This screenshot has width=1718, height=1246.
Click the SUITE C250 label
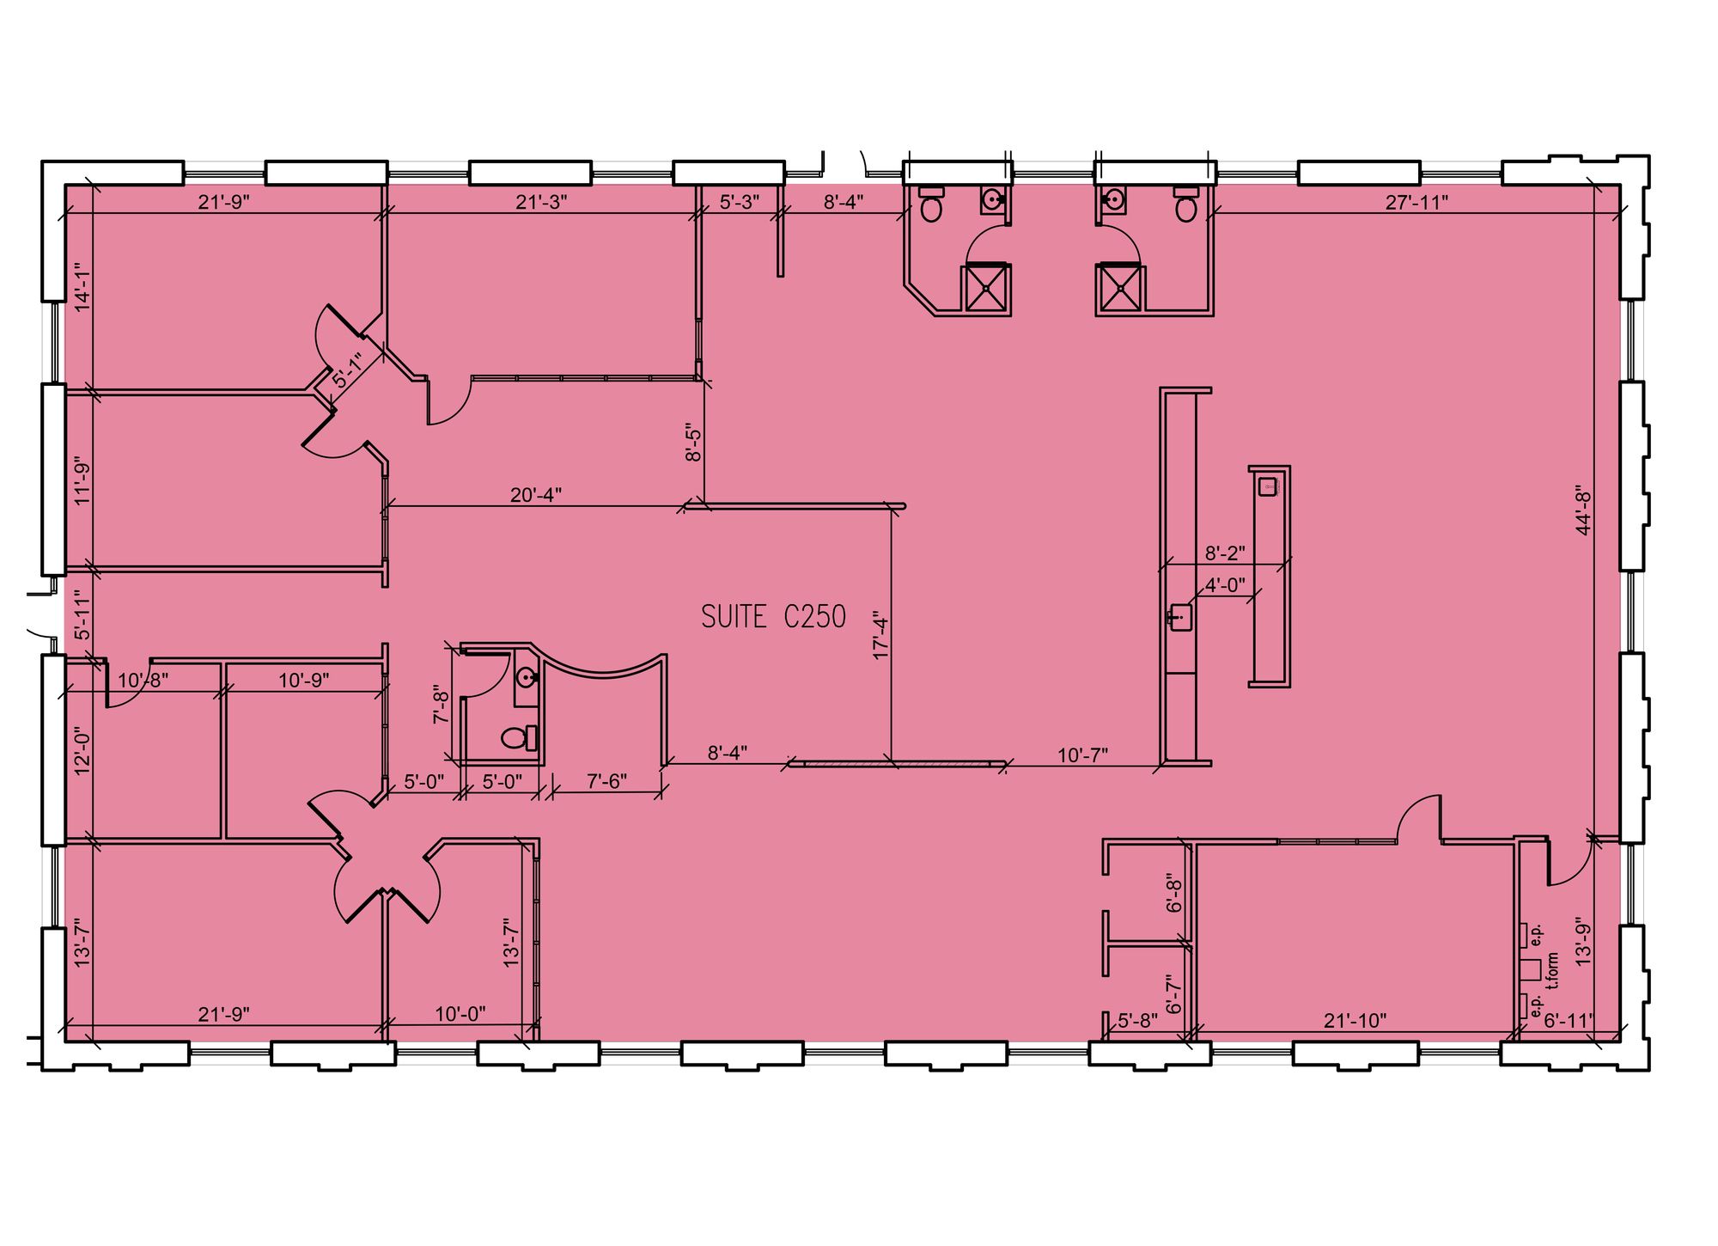(773, 616)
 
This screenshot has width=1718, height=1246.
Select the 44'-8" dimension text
(1583, 510)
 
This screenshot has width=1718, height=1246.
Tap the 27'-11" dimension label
(1416, 202)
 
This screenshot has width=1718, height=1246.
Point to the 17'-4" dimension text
(880, 635)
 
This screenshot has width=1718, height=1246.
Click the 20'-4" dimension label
(535, 495)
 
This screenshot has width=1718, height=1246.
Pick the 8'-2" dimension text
(1224, 553)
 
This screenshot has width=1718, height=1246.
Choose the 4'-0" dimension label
(1224, 585)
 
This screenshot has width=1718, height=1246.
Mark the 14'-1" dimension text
(82, 287)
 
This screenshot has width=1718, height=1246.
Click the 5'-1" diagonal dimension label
(348, 370)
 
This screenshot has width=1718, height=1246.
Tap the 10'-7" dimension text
(1082, 755)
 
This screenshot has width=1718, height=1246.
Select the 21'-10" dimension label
(1355, 1020)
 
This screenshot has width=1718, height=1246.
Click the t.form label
(1551, 970)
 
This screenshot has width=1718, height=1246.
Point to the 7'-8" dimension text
(442, 704)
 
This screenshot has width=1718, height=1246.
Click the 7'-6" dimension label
(606, 781)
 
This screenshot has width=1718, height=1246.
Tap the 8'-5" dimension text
(694, 441)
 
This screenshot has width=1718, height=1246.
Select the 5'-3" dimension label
(740, 202)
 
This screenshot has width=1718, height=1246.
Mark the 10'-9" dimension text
(304, 680)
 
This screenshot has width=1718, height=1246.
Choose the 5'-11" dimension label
(82, 614)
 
